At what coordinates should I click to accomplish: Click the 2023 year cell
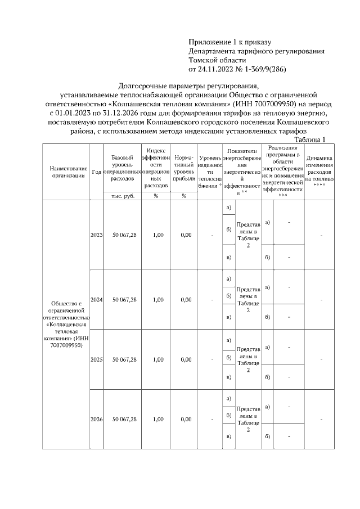pos(96,235)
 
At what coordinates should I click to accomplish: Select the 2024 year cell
pos(96,300)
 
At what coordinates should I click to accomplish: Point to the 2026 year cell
pos(96,419)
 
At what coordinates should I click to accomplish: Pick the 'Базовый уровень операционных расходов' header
pos(123,168)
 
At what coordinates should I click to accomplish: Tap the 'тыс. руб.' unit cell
pos(123,196)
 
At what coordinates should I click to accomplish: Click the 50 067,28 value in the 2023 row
pos(124,235)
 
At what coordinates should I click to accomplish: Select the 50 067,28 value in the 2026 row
pos(124,419)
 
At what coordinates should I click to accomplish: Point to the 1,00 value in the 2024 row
pos(157,300)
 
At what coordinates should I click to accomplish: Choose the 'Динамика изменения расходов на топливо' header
pos(319,171)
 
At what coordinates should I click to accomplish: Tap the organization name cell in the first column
pos(67,325)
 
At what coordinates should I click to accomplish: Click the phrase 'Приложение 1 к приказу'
pos(229,42)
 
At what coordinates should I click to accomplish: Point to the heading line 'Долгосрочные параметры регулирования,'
pos(188,86)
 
